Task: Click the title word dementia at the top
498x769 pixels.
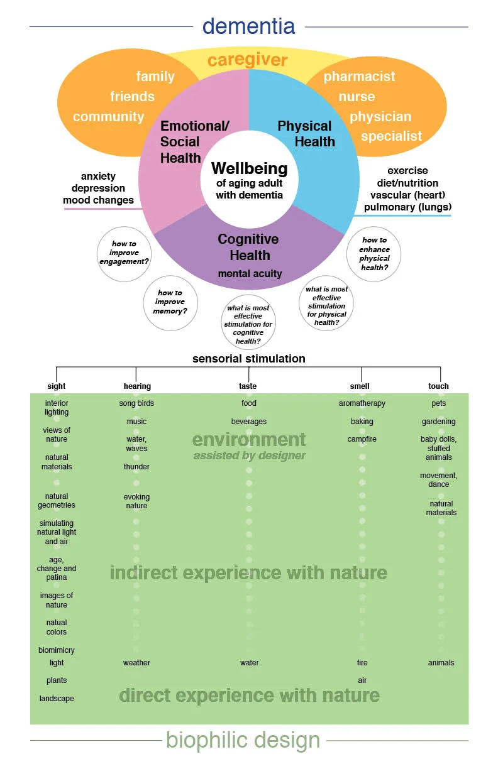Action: (x=248, y=26)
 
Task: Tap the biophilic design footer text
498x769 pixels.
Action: (x=243, y=740)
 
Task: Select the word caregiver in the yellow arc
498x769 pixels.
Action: (x=247, y=60)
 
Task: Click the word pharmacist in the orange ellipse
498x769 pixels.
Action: (x=359, y=77)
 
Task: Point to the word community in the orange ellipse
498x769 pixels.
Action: (x=108, y=117)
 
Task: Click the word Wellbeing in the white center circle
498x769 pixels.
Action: (x=249, y=168)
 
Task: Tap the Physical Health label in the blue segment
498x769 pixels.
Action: (x=306, y=134)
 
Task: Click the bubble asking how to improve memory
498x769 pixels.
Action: (x=170, y=302)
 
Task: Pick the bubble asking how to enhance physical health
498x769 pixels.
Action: (x=374, y=254)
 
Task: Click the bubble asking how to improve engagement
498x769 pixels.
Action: (x=124, y=253)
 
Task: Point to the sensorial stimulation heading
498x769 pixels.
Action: (x=248, y=359)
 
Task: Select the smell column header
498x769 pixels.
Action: (x=360, y=386)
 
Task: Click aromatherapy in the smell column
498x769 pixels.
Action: (x=362, y=403)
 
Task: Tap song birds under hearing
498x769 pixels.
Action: (x=136, y=403)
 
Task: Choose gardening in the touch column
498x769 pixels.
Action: (x=438, y=422)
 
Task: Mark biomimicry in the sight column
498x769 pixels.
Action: (x=57, y=650)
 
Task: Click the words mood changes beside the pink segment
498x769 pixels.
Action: (x=98, y=200)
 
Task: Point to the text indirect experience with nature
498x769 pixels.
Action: (x=248, y=573)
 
